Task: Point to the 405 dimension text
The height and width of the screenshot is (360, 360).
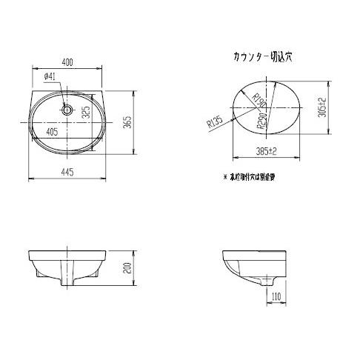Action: coord(53,130)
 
